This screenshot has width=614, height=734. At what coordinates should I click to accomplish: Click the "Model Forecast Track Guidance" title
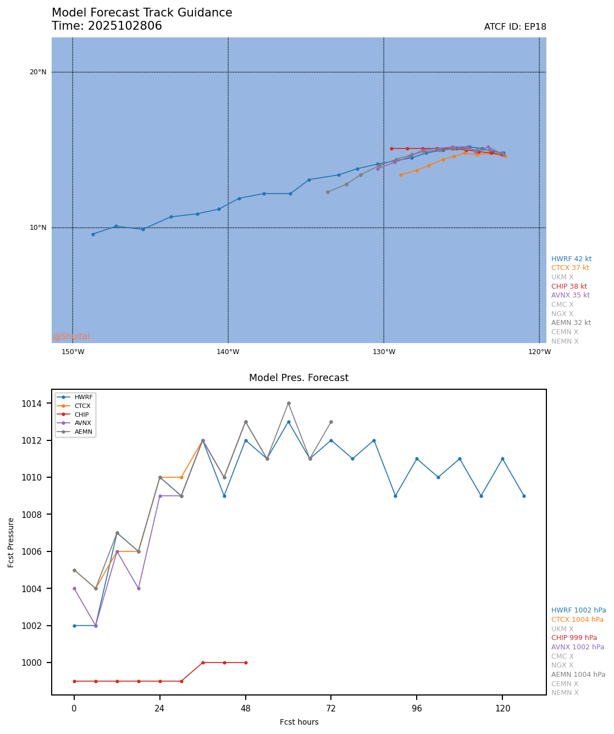pyautogui.click(x=142, y=13)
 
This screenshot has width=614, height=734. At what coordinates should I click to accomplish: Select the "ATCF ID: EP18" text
pyautogui.click(x=515, y=27)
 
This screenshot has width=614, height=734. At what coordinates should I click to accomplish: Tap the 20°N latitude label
pyautogui.click(x=38, y=72)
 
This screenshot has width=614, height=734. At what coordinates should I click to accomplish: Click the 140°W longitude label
pyautogui.click(x=228, y=352)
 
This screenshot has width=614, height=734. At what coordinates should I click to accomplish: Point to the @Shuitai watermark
pyautogui.click(x=71, y=336)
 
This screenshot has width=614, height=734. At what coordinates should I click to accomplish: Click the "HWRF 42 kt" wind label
pyautogui.click(x=571, y=259)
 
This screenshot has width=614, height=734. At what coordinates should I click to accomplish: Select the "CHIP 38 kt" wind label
pyautogui.click(x=569, y=286)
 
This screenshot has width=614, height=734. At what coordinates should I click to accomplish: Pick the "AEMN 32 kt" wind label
pyautogui.click(x=571, y=323)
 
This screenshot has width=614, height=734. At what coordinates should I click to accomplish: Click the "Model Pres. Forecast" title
pyautogui.click(x=298, y=378)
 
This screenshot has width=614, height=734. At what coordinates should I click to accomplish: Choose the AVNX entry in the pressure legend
pyautogui.click(x=83, y=423)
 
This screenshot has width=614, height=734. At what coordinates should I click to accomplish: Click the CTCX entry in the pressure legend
pyautogui.click(x=83, y=406)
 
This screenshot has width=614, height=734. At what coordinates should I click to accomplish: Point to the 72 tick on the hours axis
pyautogui.click(x=331, y=709)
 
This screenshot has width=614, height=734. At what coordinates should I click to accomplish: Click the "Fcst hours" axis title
pyautogui.click(x=299, y=722)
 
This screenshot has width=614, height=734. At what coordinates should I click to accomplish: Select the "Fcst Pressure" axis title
pyautogui.click(x=11, y=542)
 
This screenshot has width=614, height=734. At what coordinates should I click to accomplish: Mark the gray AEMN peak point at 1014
pyautogui.click(x=289, y=404)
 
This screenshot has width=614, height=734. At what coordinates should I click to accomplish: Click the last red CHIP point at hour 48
pyautogui.click(x=246, y=663)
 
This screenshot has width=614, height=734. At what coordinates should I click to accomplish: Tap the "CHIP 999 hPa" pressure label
pyautogui.click(x=574, y=638)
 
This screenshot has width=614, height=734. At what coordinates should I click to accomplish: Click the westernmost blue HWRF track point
pyautogui.click(x=93, y=234)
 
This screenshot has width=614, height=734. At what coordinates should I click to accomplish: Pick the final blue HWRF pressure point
pyautogui.click(x=524, y=496)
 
